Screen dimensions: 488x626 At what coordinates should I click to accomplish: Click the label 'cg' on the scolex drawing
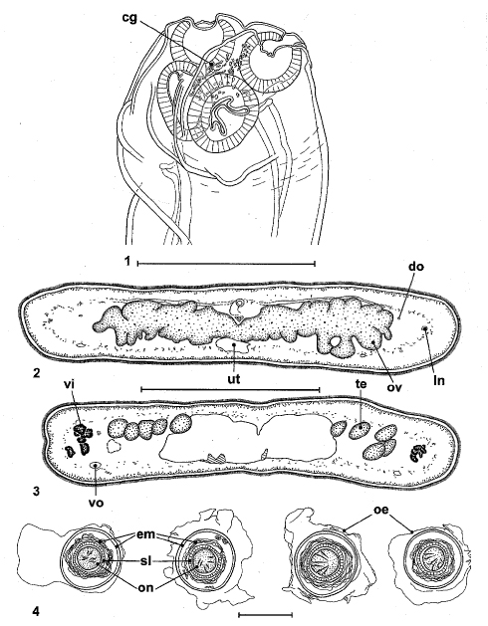point(129,18)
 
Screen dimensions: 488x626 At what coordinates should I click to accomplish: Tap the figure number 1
point(127,262)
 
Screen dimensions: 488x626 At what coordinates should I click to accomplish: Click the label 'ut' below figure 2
point(233,378)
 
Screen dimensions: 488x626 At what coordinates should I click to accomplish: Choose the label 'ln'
point(439,380)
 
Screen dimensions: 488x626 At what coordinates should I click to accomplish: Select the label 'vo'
point(97,502)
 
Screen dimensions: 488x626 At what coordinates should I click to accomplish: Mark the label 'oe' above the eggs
point(381,510)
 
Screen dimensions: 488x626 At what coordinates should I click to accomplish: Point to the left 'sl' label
point(146,561)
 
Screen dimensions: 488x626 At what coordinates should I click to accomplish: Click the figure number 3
point(37,491)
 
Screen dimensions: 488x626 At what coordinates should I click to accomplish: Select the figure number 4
point(37,611)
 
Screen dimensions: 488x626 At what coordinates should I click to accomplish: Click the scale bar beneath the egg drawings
point(265,614)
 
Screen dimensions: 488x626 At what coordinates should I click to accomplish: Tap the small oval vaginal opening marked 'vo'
point(96,465)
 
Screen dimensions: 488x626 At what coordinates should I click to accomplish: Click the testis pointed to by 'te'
point(361,430)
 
